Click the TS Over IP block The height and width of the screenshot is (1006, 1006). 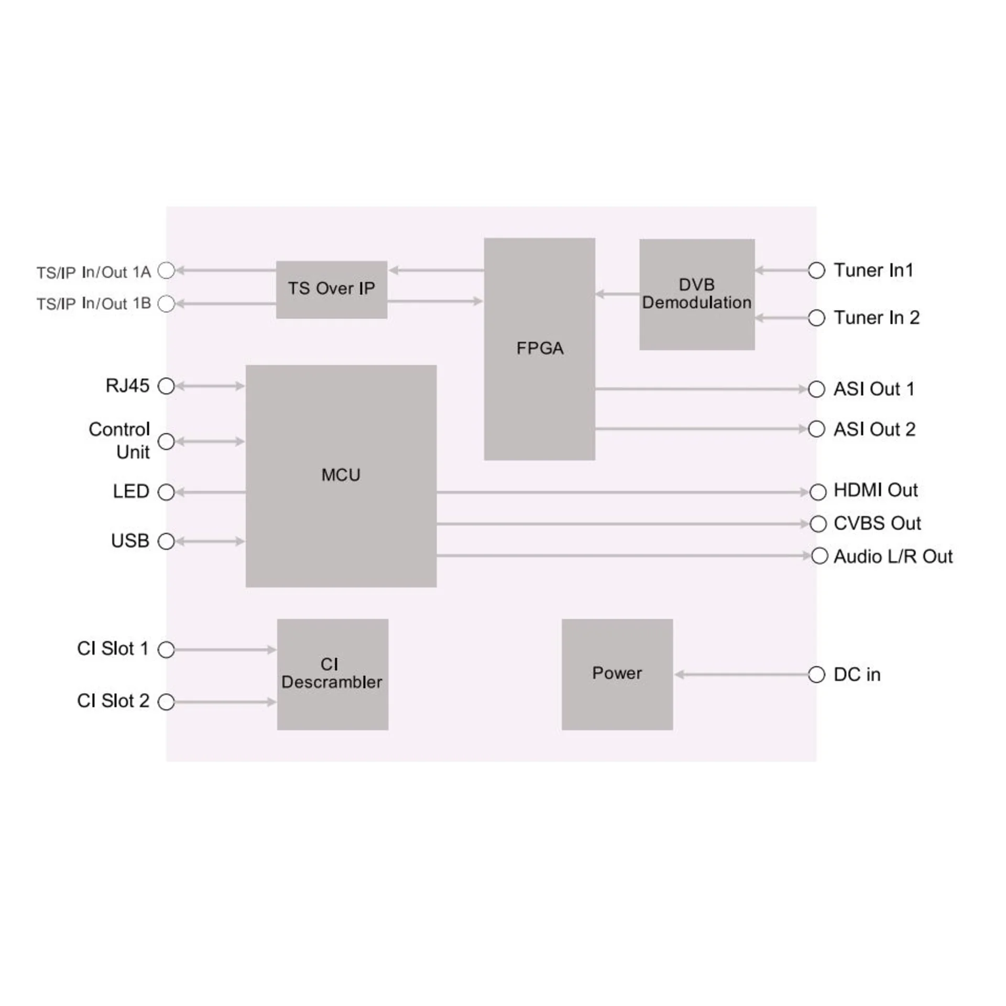(x=331, y=289)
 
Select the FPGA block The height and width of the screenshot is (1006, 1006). (x=539, y=349)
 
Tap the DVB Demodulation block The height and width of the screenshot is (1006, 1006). (x=697, y=294)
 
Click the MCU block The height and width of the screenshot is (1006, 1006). (x=341, y=476)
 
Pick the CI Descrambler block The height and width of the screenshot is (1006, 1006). (x=332, y=674)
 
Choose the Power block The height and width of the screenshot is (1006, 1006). (x=617, y=674)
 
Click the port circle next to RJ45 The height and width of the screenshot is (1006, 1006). (x=166, y=386)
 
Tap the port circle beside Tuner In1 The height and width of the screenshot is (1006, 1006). (x=816, y=270)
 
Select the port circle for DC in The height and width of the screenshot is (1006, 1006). (x=816, y=674)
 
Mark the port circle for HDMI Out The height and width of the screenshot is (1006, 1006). (x=817, y=492)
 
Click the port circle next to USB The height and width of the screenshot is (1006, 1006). (x=166, y=541)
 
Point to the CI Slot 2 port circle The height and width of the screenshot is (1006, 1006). (x=166, y=702)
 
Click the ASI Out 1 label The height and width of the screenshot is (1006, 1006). (x=874, y=389)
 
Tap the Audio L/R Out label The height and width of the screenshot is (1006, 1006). (x=893, y=556)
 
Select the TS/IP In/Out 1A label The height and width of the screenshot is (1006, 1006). (x=93, y=272)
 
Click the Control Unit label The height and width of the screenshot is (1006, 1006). (x=119, y=441)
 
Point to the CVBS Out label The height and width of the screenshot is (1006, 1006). (x=877, y=523)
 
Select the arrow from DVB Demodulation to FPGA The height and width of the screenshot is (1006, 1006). (x=617, y=294)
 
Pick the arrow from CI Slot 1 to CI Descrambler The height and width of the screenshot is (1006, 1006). (x=225, y=650)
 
